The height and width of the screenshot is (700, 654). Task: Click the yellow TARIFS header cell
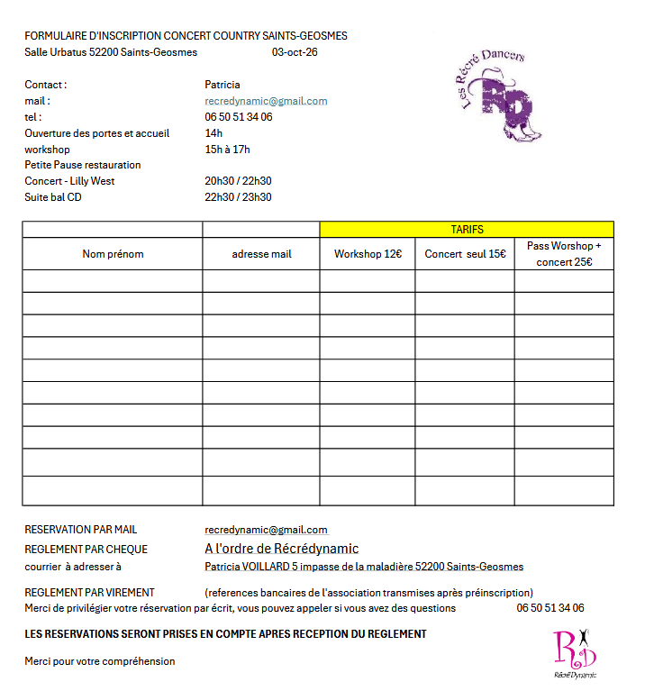pyautogui.click(x=467, y=230)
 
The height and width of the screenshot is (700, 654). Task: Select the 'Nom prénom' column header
pyautogui.click(x=113, y=254)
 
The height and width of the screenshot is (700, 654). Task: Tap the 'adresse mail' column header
pyautogui.click(x=261, y=254)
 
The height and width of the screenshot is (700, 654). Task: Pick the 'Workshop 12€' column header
pyautogui.click(x=368, y=254)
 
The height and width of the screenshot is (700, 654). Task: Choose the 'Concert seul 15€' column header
pyautogui.click(x=465, y=254)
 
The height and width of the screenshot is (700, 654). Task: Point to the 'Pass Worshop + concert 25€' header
pyautogui.click(x=564, y=253)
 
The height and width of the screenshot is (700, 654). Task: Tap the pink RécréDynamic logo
pyautogui.click(x=574, y=653)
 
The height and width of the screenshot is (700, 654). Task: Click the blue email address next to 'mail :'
pyautogui.click(x=266, y=101)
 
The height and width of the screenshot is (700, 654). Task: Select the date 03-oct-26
pyautogui.click(x=294, y=52)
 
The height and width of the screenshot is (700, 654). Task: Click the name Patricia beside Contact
pyautogui.click(x=223, y=85)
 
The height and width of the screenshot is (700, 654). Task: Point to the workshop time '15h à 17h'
pyautogui.click(x=227, y=150)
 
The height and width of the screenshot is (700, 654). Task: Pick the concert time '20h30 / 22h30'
pyautogui.click(x=238, y=181)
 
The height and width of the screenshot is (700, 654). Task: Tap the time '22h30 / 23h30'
pyautogui.click(x=238, y=197)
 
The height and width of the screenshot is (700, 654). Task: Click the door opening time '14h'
pyautogui.click(x=213, y=133)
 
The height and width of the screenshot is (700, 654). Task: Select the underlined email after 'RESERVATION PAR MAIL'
pyautogui.click(x=266, y=530)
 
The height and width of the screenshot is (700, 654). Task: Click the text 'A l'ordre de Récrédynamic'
pyautogui.click(x=281, y=549)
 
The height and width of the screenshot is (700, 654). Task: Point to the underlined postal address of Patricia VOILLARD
pyautogui.click(x=364, y=567)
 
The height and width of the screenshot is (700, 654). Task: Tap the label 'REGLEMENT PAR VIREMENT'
pyautogui.click(x=89, y=593)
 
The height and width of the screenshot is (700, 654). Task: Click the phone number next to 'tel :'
pyautogui.click(x=238, y=117)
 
